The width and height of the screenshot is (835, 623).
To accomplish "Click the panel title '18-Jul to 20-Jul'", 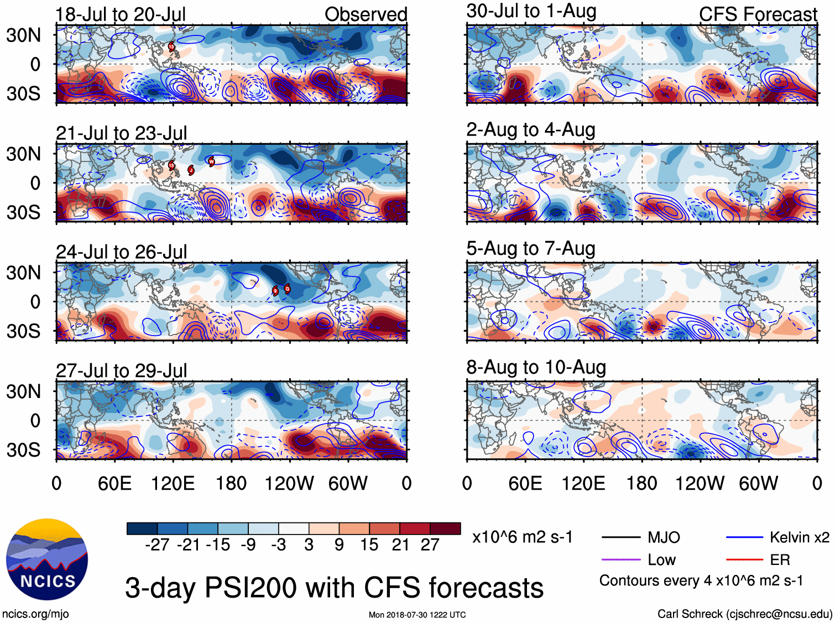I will pyautogui.click(x=121, y=14).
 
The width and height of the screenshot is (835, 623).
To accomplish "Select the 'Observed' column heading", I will pyautogui.click(x=366, y=14).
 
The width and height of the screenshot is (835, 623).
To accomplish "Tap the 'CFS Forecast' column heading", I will pyautogui.click(x=758, y=14).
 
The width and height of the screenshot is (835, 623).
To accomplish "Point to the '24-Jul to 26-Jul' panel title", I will pyautogui.click(x=121, y=252).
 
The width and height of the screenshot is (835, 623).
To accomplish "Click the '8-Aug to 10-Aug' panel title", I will pyautogui.click(x=536, y=367).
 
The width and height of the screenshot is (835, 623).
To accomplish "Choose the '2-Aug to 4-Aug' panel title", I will pyautogui.click(x=531, y=130).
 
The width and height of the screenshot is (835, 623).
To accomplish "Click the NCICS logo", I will pyautogui.click(x=47, y=559).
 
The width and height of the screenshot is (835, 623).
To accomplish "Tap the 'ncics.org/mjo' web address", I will pyautogui.click(x=35, y=614).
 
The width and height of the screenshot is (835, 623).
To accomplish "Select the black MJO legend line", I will pyautogui.click(x=621, y=537).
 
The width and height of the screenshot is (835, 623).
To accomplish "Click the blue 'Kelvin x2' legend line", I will pyautogui.click(x=744, y=537).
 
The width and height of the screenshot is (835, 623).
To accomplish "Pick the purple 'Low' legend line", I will pyautogui.click(x=621, y=560).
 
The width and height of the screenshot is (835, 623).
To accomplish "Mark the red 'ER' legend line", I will pyautogui.click(x=744, y=560).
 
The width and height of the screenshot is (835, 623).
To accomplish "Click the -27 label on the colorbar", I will pyautogui.click(x=157, y=545).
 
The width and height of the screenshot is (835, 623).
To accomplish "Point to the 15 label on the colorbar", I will pyautogui.click(x=369, y=545).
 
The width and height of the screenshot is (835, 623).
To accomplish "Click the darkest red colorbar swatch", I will pyautogui.click(x=445, y=528).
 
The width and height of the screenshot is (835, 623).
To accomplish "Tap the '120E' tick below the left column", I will pyautogui.click(x=173, y=484).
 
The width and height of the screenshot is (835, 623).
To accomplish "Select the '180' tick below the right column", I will pyautogui.click(x=641, y=484).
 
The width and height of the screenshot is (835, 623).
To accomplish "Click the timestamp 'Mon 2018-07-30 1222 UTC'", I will pyautogui.click(x=417, y=615).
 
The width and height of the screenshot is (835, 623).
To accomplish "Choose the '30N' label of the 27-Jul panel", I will pyautogui.click(x=23, y=391).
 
